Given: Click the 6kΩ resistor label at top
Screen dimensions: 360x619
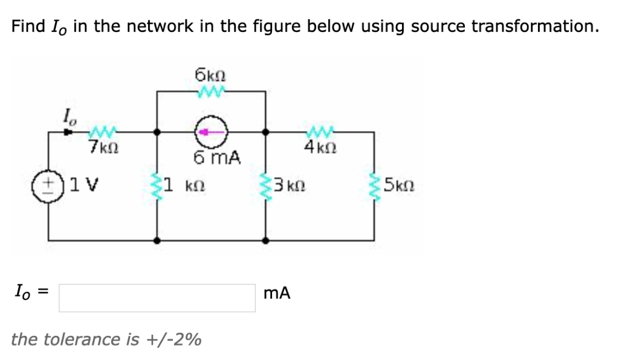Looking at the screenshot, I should (210, 76).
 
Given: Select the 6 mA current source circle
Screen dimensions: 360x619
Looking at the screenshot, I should (210, 131).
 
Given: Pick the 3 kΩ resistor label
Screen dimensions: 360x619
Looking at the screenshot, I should (290, 184).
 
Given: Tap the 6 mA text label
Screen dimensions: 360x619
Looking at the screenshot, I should (218, 158).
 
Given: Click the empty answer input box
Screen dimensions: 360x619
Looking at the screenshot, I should (157, 298).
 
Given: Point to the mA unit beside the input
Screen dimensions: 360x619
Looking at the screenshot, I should (277, 294).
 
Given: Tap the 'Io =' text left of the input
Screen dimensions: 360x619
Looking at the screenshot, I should (30, 294).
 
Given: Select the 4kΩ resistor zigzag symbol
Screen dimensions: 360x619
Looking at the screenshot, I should (319, 130).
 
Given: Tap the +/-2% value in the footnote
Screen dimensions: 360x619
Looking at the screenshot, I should (174, 339).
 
